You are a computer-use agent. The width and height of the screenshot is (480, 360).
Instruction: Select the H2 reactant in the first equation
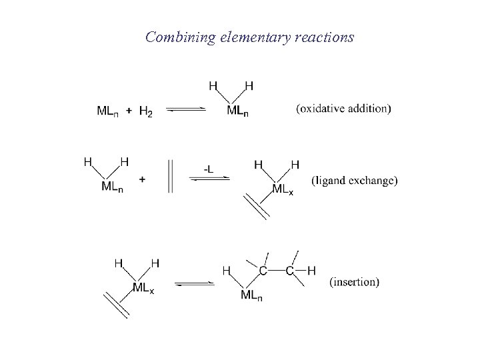(x=145, y=111)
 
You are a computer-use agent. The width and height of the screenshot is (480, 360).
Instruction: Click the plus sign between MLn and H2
(x=129, y=111)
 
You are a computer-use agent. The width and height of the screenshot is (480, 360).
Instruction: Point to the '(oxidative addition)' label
(x=343, y=109)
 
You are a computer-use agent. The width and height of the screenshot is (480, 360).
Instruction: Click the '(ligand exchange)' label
(x=355, y=180)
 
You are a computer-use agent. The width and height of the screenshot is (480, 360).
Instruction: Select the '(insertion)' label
(x=354, y=282)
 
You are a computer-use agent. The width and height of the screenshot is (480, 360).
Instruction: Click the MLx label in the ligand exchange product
(x=282, y=189)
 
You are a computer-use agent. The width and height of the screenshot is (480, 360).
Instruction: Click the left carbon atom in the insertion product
(x=263, y=271)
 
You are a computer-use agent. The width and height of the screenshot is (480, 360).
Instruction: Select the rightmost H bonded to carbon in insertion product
(x=311, y=271)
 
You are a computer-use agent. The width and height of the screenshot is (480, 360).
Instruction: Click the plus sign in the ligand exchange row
(x=143, y=178)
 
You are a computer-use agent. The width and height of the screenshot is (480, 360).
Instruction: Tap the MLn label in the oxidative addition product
(x=238, y=111)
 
